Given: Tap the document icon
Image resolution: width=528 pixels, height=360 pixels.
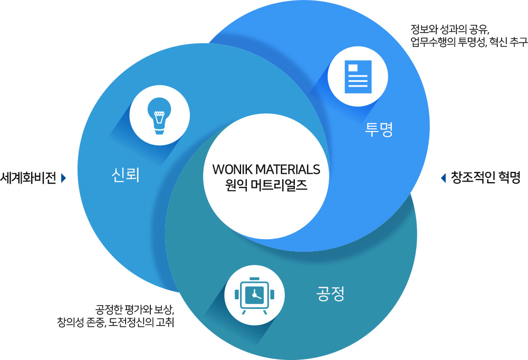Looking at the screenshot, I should pyautogui.click(x=358, y=77).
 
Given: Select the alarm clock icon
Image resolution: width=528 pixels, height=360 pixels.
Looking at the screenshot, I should pyautogui.click(x=254, y=295).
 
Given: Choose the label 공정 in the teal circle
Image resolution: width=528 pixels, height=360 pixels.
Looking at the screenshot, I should pyautogui.click(x=330, y=293).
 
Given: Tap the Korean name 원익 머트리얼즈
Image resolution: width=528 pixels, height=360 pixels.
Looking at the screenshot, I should pyautogui.click(x=265, y=186).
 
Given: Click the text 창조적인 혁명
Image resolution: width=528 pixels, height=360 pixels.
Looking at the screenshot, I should pyautogui.click(x=486, y=178).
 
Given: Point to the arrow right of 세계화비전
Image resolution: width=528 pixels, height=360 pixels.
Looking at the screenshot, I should pyautogui.click(x=64, y=178).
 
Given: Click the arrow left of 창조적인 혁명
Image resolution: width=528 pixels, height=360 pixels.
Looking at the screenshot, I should pyautogui.click(x=443, y=178).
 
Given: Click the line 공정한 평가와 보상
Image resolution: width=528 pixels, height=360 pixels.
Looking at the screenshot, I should pyautogui.click(x=135, y=309).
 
